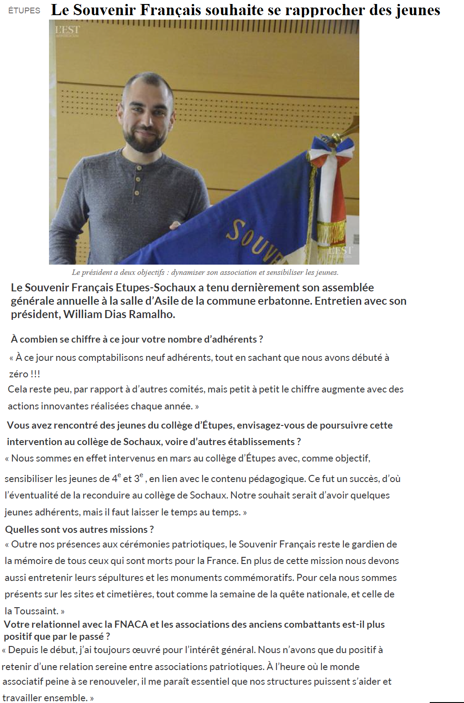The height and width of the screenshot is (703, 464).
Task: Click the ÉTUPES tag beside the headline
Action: pyautogui.click(x=24, y=11)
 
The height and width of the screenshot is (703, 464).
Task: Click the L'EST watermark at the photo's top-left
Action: pyautogui.click(x=67, y=30)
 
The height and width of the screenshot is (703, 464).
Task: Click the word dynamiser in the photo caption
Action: pyautogui.click(x=188, y=272)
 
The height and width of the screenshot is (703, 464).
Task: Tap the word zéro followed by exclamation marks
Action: pyautogui.click(x=18, y=374)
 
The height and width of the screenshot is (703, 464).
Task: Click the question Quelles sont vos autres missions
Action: pyautogui.click(x=79, y=529)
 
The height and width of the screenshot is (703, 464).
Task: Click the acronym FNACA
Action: pyautogui.click(x=131, y=624)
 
